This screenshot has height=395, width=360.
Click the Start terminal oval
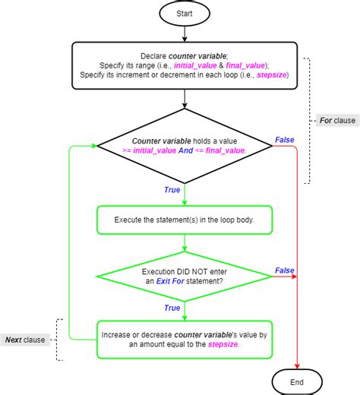click(x=185, y=13)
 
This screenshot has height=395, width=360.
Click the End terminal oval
click(x=297, y=381)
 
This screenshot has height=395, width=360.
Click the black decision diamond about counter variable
click(x=185, y=145)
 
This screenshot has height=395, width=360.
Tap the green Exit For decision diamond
click(x=185, y=276)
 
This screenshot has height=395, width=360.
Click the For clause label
click(x=334, y=121)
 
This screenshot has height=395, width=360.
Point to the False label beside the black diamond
click(x=284, y=139)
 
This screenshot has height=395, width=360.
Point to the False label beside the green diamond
click(x=284, y=270)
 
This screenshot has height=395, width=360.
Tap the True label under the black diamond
click(x=172, y=189)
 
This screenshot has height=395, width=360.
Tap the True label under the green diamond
click(x=172, y=308)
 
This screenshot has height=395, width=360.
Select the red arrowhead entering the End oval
click(x=297, y=365)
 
